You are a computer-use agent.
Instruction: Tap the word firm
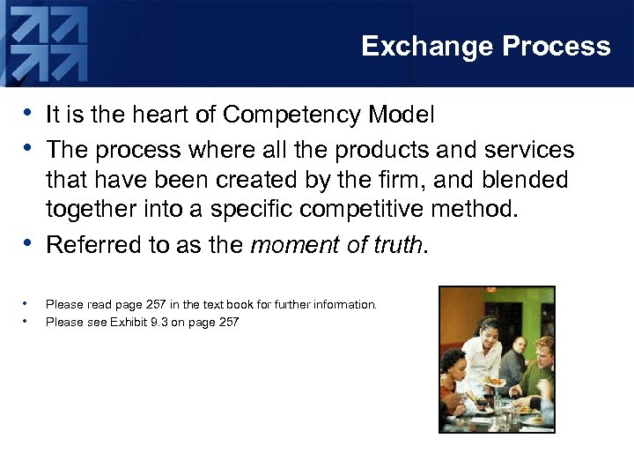[x=387, y=180]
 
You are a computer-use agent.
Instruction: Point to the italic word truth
[x=394, y=244]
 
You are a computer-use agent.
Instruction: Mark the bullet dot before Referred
[x=29, y=244]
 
